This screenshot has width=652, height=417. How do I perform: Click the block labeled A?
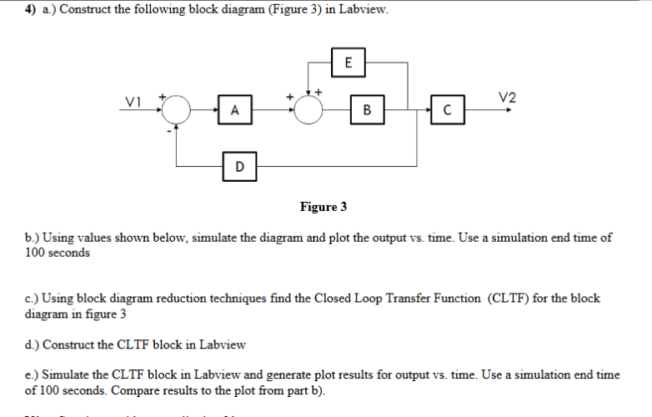pyautogui.click(x=236, y=109)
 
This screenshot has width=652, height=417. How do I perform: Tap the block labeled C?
pyautogui.click(x=447, y=109)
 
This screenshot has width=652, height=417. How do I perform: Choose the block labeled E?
pyautogui.click(x=348, y=61)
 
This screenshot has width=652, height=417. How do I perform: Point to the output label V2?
pyautogui.click(x=507, y=98)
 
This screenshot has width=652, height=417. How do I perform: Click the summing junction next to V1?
pyautogui.click(x=178, y=109)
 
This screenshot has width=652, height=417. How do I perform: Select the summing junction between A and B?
pyautogui.click(x=309, y=109)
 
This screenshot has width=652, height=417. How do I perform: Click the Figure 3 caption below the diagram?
pyautogui.click(x=323, y=206)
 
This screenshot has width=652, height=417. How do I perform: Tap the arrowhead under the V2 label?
pyautogui.click(x=508, y=109)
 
